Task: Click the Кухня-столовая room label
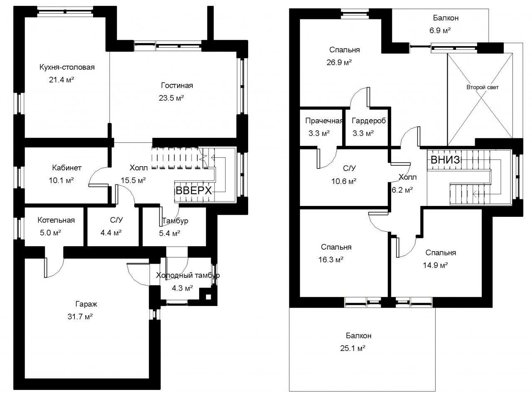coord(67,67)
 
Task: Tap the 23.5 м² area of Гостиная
coord(171,98)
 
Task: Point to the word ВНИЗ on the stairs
coord(445,160)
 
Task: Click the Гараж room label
coord(86,304)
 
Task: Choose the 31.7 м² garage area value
coord(80,316)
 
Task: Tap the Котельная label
coord(56,220)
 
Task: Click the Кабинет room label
coord(66,168)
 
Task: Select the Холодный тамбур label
coord(188,275)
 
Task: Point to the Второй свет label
coord(482,87)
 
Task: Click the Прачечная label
coord(324,121)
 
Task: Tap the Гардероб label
coord(369,120)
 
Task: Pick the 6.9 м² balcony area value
coord(440,30)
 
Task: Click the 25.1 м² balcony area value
coord(352,348)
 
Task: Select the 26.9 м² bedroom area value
coord(339,62)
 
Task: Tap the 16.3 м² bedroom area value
coord(330,260)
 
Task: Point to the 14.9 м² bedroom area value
coord(435,265)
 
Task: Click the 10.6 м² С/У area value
coord(344,181)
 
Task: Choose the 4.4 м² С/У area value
coord(111,233)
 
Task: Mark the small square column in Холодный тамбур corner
coord(208,297)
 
